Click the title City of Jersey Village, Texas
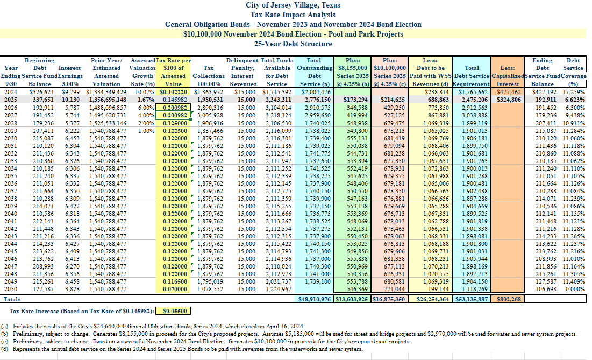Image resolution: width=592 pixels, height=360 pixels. click(x=293, y=5)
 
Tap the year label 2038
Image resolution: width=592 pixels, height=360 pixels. click(x=11, y=199)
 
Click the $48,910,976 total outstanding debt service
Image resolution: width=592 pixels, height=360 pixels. click(x=315, y=299)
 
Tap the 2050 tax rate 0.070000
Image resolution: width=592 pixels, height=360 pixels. click(x=175, y=290)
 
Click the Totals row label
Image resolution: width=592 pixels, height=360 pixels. click(x=12, y=299)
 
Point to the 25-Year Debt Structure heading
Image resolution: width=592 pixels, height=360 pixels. click(x=293, y=44)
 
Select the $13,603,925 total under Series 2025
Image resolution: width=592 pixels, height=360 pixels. click(x=352, y=299)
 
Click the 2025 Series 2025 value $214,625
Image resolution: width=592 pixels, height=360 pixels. click(x=393, y=100)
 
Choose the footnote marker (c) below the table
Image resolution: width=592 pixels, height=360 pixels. click(x=4, y=342)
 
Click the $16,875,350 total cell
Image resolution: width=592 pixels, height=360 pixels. click(x=389, y=299)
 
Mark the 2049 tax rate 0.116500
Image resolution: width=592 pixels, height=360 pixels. click(x=175, y=282)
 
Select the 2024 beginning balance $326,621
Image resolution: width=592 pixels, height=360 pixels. click(x=41, y=92)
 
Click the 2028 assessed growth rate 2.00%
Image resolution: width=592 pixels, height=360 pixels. click(x=146, y=123)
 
